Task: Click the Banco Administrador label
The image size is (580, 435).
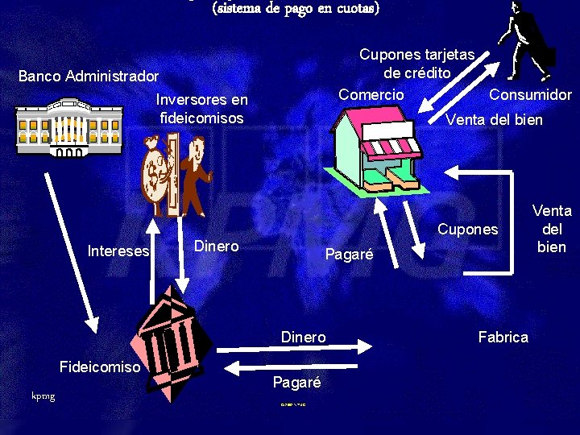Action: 89,77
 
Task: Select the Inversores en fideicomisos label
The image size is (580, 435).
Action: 202,109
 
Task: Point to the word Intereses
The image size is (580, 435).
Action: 118,251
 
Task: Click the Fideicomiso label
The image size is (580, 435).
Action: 101,367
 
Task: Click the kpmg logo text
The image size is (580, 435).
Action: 43,396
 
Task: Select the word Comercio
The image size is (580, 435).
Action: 371,94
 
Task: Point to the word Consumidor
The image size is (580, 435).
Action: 530,94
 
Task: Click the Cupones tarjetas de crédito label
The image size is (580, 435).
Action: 416,64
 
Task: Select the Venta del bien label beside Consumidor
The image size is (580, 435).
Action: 495,120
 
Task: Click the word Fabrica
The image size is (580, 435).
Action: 503,337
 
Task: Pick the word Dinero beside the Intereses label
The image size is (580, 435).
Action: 217,246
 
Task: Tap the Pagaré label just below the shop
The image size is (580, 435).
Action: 349,255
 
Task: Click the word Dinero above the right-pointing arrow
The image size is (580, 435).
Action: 303,337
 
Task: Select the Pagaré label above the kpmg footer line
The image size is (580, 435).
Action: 296,383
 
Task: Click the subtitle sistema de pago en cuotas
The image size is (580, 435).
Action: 295,9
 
